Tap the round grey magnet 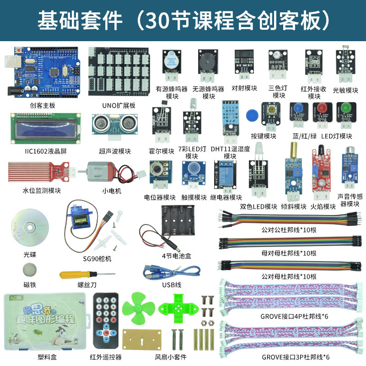coord(30,269)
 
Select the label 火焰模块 coord(323,206)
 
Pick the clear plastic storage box coord(41,321)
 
